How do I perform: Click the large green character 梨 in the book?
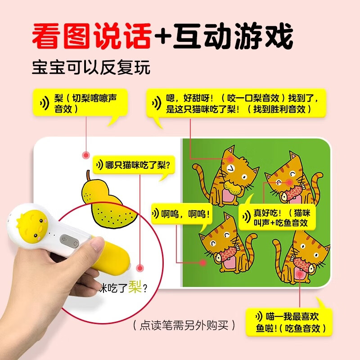click(x=134, y=286)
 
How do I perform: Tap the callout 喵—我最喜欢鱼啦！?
click(x=289, y=322)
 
